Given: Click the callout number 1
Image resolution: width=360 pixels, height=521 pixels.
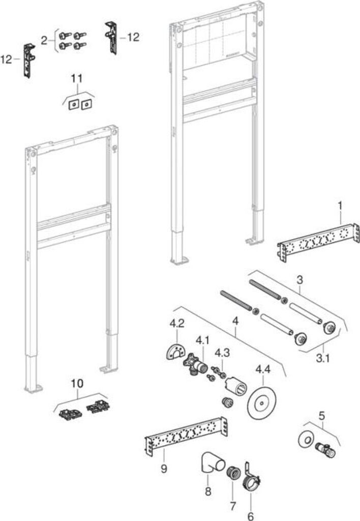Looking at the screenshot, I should [x=340, y=206].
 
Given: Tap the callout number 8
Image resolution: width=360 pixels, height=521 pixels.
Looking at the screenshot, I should [x=208, y=492].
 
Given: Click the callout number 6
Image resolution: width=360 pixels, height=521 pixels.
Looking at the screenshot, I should [x=250, y=515].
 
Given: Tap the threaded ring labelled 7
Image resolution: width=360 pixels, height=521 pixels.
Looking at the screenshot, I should [x=232, y=472].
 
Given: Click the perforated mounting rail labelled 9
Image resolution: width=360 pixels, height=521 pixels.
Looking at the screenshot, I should [x=185, y=435].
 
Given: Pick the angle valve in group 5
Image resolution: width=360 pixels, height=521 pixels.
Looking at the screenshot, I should [x=324, y=448].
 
